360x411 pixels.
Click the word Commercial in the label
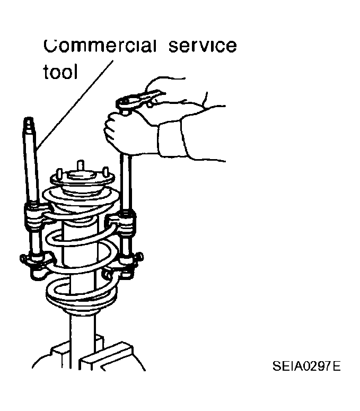click(100, 46)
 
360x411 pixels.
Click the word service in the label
click(203, 46)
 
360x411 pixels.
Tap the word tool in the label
click(60, 72)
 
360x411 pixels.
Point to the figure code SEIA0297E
click(306, 366)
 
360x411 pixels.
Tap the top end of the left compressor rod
click(28, 118)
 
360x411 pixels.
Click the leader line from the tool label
click(75, 105)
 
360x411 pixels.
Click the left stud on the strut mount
click(59, 173)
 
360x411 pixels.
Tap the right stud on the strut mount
click(106, 172)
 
